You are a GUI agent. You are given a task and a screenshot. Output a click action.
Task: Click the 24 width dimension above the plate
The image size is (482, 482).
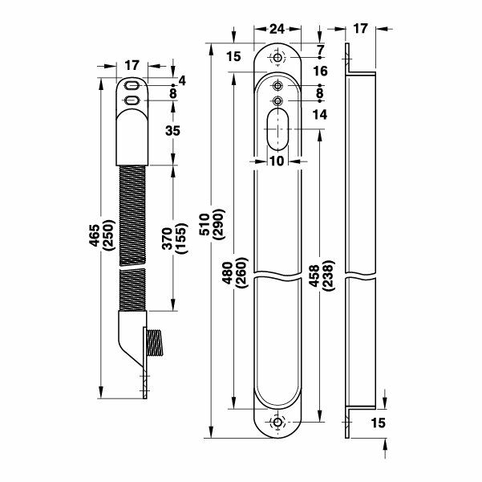coord(277,28)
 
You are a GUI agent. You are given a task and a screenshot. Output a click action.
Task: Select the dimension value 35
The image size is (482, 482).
coord(171,130)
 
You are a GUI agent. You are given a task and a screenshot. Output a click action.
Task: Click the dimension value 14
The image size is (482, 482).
coord(321,115)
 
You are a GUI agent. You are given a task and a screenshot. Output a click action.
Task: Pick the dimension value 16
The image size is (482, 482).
coord(321,72)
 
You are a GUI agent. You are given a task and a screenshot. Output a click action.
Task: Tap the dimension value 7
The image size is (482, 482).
coord(321,50)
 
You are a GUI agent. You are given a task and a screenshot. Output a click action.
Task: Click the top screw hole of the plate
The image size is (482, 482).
coord(277,59)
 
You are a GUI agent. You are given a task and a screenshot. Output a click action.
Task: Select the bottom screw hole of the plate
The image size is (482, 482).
coord(277,423)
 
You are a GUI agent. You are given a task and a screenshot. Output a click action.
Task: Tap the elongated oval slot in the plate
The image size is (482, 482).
coord(277,129)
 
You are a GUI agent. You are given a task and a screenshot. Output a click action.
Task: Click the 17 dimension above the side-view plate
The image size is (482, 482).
coord(358,28)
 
